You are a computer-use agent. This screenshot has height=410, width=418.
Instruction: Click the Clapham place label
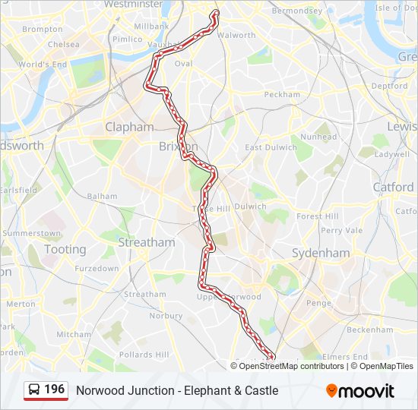[x=129, y=127]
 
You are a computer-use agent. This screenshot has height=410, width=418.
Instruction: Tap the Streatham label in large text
[x=146, y=242]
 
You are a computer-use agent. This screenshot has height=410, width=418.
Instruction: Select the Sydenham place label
[x=321, y=253]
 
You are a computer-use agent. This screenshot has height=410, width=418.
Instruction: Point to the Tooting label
[x=65, y=249]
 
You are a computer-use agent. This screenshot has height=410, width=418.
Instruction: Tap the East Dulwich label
[x=270, y=147]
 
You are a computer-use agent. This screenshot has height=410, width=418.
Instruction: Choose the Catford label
[x=393, y=187]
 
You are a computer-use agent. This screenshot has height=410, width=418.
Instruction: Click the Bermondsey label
[x=297, y=11]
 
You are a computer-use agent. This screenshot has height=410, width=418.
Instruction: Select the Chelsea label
[x=63, y=44]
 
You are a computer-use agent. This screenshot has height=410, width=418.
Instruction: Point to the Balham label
[x=102, y=196]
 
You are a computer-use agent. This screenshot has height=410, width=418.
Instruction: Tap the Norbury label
[x=166, y=315]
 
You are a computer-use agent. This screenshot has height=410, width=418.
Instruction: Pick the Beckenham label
[x=369, y=330]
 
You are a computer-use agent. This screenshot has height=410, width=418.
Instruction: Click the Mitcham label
[x=74, y=334]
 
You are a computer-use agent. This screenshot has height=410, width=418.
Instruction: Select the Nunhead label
[x=318, y=137]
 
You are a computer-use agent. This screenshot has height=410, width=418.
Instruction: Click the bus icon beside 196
[x=34, y=390]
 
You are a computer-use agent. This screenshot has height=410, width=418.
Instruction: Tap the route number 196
[x=54, y=389]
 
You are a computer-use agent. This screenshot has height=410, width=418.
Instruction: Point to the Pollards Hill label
[x=144, y=355]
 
